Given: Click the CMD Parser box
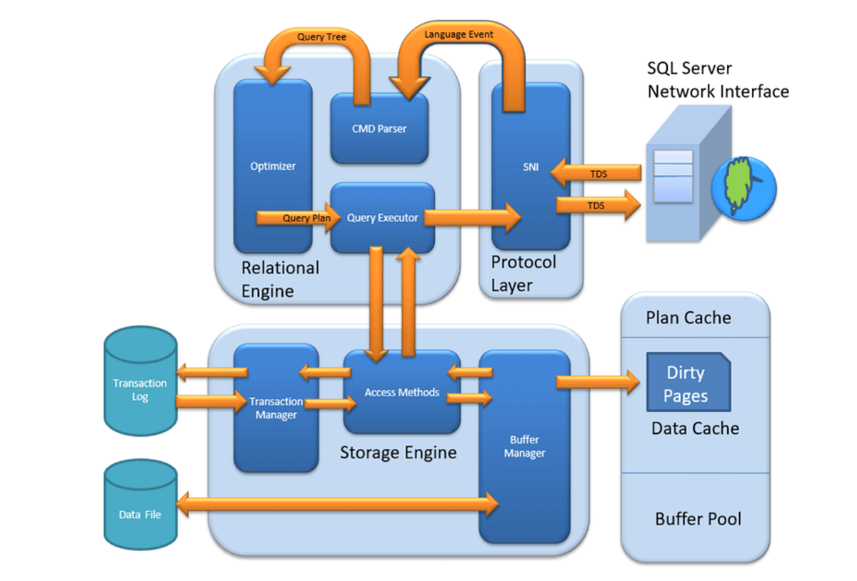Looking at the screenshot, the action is click(379, 128).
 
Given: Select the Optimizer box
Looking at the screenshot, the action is click(273, 166).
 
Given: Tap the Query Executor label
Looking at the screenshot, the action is click(382, 218).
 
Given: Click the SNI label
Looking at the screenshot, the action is click(531, 167).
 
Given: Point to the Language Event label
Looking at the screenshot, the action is click(458, 34).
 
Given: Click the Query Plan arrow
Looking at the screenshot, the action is click(299, 218).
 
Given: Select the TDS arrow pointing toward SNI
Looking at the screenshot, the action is click(596, 173).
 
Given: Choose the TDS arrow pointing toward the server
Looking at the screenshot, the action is click(598, 206).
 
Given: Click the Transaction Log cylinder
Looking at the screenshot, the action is click(141, 381).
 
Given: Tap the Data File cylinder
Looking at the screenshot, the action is click(141, 505).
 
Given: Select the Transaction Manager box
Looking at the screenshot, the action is click(276, 408).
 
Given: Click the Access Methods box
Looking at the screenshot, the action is click(401, 392).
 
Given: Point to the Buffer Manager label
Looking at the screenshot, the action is click(524, 446).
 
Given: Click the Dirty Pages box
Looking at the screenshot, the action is click(688, 382).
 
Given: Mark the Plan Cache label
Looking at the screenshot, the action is click(688, 318).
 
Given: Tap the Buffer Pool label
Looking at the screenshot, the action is click(698, 519).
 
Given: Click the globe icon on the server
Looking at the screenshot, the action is click(743, 188).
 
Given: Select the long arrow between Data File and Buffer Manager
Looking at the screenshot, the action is click(337, 505).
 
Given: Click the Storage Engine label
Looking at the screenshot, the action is click(399, 453).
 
